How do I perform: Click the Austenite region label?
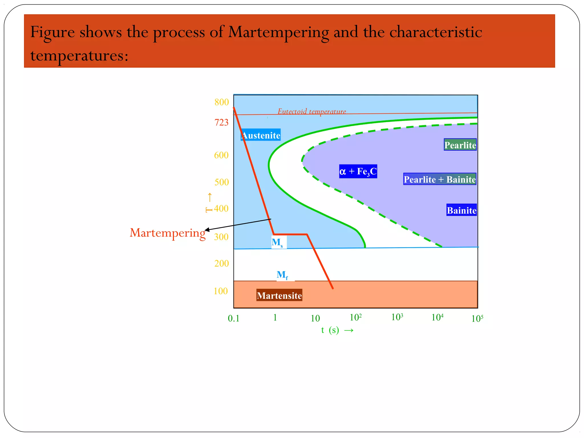pos(261,135)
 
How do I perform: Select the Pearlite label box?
pos(460,145)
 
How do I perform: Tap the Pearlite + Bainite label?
pos(439,179)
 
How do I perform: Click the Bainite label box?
pos(461,210)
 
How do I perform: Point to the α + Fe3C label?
pos(358,171)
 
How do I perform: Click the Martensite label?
pos(279,295)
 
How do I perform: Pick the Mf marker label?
pos(282,275)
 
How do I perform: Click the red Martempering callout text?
pos(167,233)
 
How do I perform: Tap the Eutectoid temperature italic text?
pos(312,111)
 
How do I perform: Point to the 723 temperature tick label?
pos(221,122)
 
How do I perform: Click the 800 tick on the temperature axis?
pos(221,102)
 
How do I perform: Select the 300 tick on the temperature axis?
pos(221,237)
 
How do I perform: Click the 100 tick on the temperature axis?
pos(221,291)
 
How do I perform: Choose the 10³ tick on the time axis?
pos(397,317)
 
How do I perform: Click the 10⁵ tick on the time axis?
pos(477,318)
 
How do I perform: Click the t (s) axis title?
pos(337,330)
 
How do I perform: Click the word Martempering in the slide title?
pos(278,32)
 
